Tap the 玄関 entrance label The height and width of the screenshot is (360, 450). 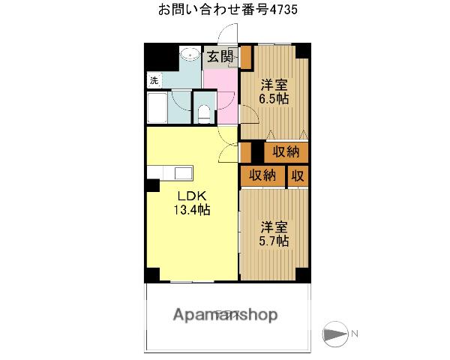[x=220, y=56]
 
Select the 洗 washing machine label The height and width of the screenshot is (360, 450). [x=154, y=80]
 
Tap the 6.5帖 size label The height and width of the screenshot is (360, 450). [x=274, y=98]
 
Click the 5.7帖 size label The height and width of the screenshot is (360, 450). [x=274, y=241]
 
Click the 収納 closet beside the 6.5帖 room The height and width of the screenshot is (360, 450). [x=286, y=151]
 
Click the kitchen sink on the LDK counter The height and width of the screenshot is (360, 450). [x=184, y=172]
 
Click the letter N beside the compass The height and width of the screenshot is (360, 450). [x=356, y=333]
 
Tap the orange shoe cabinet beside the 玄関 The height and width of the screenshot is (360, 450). [x=245, y=56]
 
